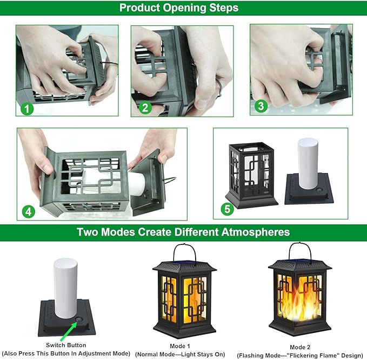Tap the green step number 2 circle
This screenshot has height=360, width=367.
tap(144, 107)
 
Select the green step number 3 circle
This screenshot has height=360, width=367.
tap(261, 106)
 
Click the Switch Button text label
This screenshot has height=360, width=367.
tap(61, 345)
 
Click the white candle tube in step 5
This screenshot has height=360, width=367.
tap(309, 163)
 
